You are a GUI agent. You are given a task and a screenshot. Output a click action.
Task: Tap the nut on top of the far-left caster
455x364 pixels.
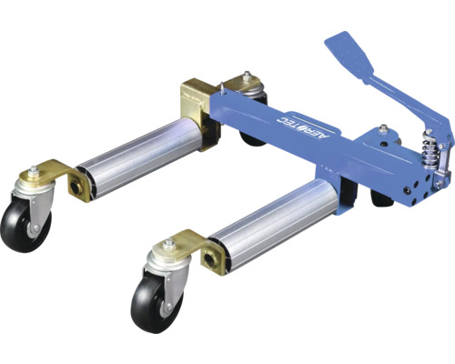click(x=33, y=170)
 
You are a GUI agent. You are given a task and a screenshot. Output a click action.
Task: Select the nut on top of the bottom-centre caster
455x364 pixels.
click(x=168, y=243)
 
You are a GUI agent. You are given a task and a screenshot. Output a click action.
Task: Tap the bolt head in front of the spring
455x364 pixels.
click(x=382, y=130)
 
